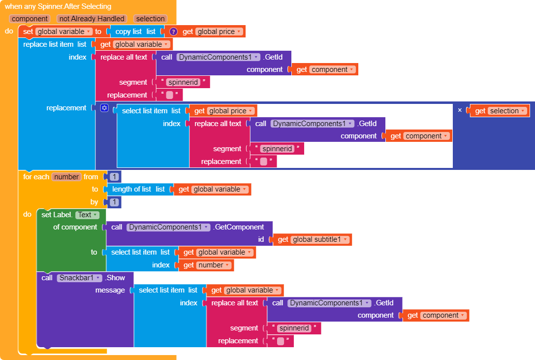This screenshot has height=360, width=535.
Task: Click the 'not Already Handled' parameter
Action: [92, 19]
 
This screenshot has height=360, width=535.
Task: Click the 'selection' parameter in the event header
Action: [150, 19]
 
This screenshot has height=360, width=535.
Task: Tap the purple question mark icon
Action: [173, 32]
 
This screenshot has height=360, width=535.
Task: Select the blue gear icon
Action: [104, 108]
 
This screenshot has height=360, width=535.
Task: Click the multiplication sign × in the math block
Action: [460, 110]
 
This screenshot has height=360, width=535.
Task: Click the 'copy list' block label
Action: [128, 32]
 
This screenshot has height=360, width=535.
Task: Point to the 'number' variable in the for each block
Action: [66, 177]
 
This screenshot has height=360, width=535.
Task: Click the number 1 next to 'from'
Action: [114, 177]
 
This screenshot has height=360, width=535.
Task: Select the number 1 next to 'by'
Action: [114, 202]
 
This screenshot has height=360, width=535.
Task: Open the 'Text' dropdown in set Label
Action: [87, 215]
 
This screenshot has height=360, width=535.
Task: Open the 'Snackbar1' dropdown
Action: [79, 278]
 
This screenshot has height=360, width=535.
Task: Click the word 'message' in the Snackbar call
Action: [110, 290]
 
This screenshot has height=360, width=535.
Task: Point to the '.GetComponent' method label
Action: [239, 227]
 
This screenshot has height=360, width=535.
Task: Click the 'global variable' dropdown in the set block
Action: [63, 32]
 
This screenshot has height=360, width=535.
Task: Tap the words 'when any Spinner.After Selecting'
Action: [58, 6]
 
